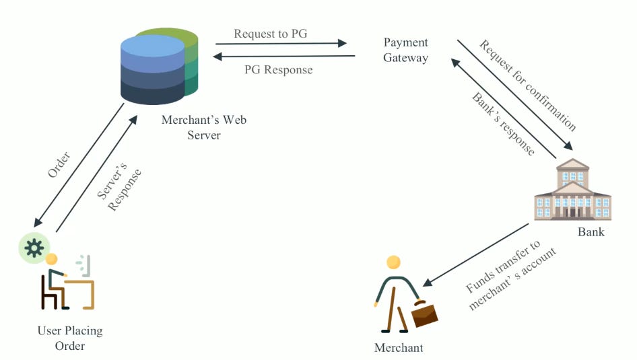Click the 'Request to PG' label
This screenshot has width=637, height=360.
point(270,34)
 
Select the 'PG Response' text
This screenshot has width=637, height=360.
point(278,69)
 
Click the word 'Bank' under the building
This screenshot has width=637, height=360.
point(591,232)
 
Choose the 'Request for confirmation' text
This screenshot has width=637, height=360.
point(528,85)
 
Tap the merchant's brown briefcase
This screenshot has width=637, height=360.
point(424,314)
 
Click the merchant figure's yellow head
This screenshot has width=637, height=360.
point(393,262)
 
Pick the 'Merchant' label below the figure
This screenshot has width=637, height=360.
point(399,348)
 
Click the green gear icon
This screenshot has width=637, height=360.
point(34,248)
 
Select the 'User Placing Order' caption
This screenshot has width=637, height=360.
point(70,338)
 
